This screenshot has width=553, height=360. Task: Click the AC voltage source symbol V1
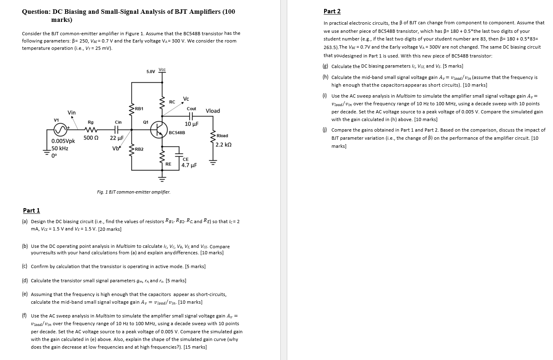[60, 130]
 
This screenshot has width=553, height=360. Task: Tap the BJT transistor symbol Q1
[158, 130]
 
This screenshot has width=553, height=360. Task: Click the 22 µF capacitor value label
[117, 138]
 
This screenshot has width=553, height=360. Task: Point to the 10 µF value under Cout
[191, 124]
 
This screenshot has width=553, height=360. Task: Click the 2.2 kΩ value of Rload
[224, 145]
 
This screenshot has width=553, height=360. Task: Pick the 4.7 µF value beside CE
[189, 165]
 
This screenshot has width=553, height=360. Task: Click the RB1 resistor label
[139, 109]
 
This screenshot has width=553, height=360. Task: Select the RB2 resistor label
[139, 149]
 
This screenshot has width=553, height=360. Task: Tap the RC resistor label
[172, 102]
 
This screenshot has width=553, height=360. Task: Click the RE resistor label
[169, 164]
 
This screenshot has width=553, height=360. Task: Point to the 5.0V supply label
[150, 72]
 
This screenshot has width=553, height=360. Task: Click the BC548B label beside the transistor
[177, 132]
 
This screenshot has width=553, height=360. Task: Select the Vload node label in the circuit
[213, 111]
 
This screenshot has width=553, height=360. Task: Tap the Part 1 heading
[32, 210]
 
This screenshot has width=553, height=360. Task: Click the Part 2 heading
[332, 11]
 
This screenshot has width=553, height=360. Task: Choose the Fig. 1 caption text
[134, 192]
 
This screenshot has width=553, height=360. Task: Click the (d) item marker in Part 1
[25, 280]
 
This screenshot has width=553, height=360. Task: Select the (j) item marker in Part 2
[325, 130]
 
